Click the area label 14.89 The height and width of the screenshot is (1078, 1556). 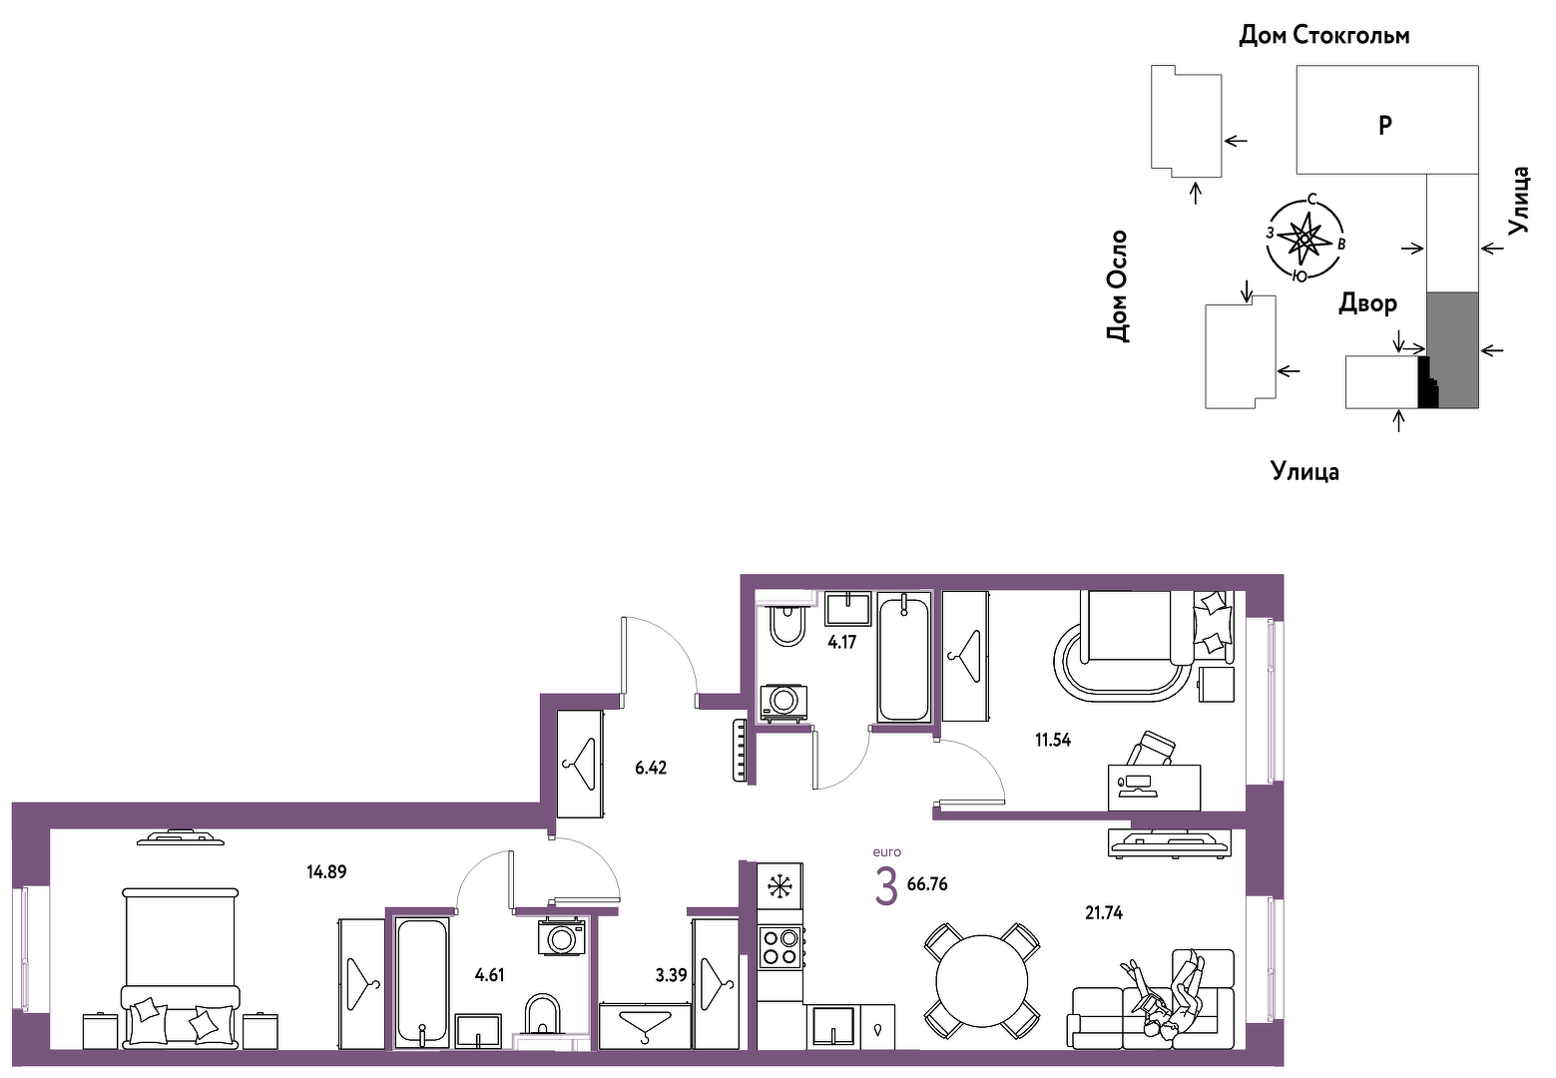pyautogui.click(x=326, y=871)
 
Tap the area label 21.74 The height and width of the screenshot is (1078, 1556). pyautogui.click(x=1104, y=912)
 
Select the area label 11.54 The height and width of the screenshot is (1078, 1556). pyautogui.click(x=1053, y=741)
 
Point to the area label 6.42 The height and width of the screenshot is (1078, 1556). pyautogui.click(x=651, y=768)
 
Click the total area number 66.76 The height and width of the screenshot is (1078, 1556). pyautogui.click(x=927, y=884)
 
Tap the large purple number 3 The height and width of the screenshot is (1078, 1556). pyautogui.click(x=886, y=888)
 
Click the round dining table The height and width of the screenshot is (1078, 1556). pyautogui.click(x=981, y=982)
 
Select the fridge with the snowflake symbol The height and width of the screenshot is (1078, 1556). pyautogui.click(x=779, y=886)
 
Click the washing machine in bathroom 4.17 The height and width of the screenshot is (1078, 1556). pyautogui.click(x=784, y=703)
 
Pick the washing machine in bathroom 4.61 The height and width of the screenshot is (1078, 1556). pyautogui.click(x=561, y=937)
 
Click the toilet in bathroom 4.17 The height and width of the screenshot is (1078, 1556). pyautogui.click(x=787, y=624)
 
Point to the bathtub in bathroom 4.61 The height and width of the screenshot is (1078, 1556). pyautogui.click(x=421, y=983)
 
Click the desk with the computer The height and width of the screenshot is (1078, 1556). pyautogui.click(x=1154, y=787)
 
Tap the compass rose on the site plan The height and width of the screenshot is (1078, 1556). pyautogui.click(x=1303, y=239)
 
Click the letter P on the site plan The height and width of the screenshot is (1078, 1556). pyautogui.click(x=1385, y=126)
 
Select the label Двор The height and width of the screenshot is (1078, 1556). pyautogui.click(x=1367, y=303)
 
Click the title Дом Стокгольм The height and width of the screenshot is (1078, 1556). pyautogui.click(x=1324, y=35)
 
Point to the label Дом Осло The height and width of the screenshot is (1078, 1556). pyautogui.click(x=1117, y=286)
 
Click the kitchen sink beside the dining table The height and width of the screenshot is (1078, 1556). pyautogui.click(x=832, y=1025)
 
